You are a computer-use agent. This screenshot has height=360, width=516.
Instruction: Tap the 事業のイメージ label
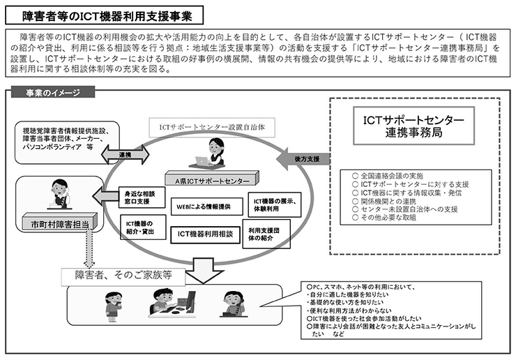click(x=53, y=93)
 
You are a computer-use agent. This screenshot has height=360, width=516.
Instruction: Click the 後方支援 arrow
click(x=301, y=159)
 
